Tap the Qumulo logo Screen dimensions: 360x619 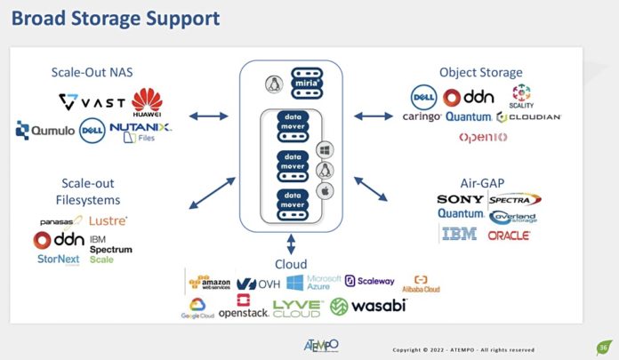(44, 131)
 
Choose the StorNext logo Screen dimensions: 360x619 (58, 260)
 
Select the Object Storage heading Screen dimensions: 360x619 (480, 72)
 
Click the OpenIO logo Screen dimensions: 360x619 (483, 137)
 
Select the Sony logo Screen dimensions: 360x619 (461, 199)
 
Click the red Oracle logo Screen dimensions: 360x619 (509, 236)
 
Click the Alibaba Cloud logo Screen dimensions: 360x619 (421, 284)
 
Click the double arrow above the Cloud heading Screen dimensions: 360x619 (292, 244)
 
